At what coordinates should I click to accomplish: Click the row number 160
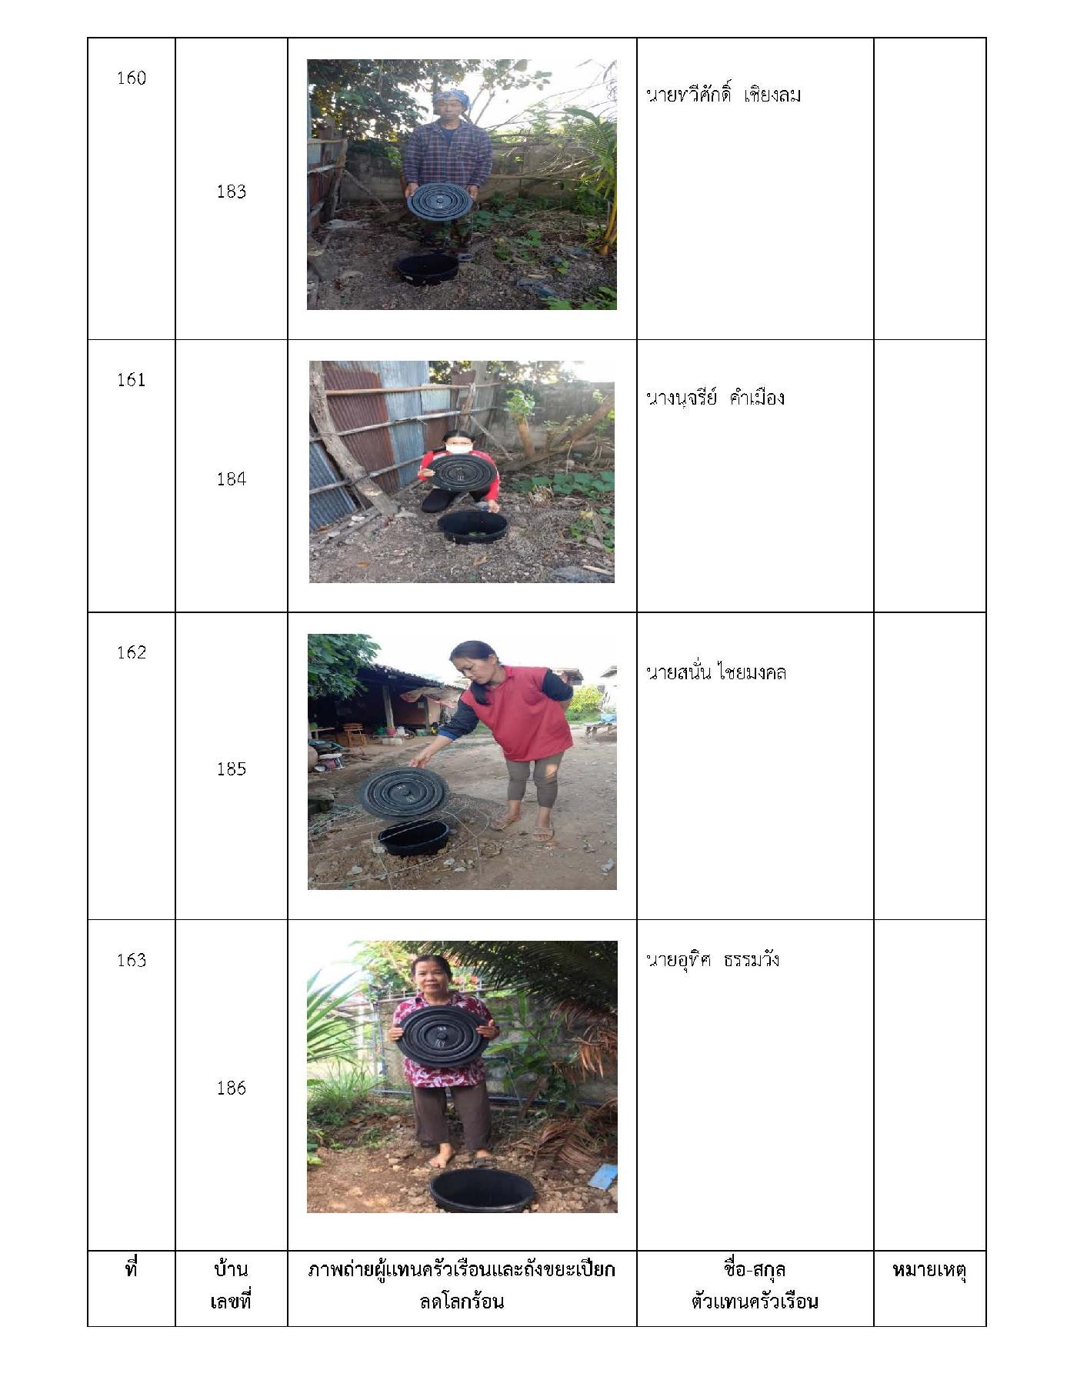[131, 78]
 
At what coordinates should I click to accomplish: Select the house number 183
[231, 192]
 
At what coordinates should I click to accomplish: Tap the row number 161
[131, 379]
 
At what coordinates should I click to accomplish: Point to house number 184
[231, 479]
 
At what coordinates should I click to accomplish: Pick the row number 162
[131, 652]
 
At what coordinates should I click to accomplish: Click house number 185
[231, 768]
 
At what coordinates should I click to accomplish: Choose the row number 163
[131, 960]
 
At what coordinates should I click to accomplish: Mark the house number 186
[231, 1088]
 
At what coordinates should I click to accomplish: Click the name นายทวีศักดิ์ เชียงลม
[723, 94]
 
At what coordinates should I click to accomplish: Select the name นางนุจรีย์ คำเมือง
[715, 397]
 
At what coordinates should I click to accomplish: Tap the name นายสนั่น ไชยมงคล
[716, 672]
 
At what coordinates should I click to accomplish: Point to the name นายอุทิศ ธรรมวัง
[712, 959]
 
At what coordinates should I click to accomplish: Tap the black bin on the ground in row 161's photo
[472, 525]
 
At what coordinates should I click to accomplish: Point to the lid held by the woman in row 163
[443, 1035]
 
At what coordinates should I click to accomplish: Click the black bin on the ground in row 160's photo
[427, 268]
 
